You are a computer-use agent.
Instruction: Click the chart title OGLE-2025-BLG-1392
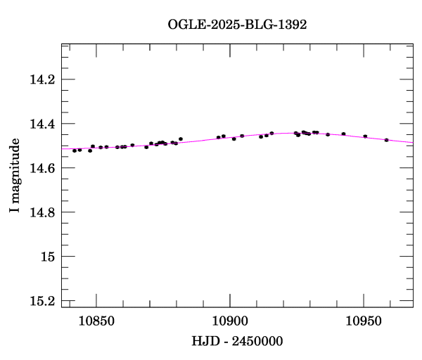tap(237, 24)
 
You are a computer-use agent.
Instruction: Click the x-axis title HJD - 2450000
tap(237, 341)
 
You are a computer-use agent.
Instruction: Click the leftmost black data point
tap(75, 150)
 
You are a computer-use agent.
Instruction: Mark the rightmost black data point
tap(387, 140)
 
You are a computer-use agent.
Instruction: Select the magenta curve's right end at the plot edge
tap(413, 143)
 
